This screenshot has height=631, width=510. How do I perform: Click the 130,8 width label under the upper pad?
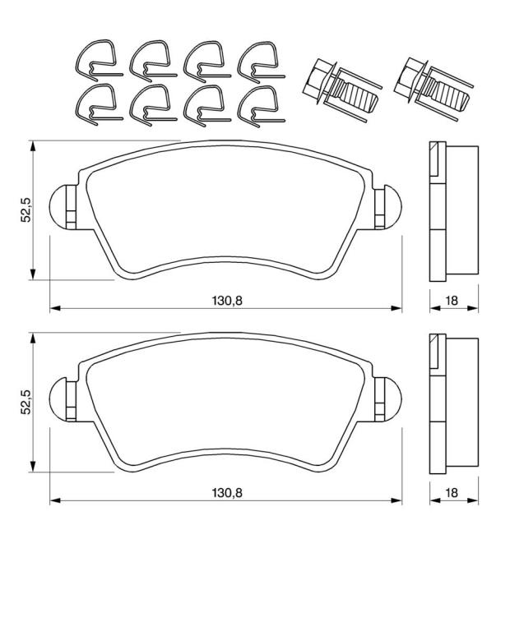(x=227, y=300)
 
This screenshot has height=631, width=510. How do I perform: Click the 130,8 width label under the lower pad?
(x=227, y=492)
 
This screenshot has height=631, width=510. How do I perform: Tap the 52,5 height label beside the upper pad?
(x=26, y=210)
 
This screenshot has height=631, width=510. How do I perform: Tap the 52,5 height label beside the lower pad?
(x=26, y=402)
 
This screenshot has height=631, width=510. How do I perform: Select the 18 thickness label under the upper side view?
(x=452, y=300)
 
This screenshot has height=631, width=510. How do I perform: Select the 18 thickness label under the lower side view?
(x=452, y=492)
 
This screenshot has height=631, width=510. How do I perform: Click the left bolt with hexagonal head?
(x=341, y=90)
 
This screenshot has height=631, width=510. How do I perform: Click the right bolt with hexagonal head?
(x=433, y=89)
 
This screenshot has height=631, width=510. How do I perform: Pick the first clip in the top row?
(x=98, y=58)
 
